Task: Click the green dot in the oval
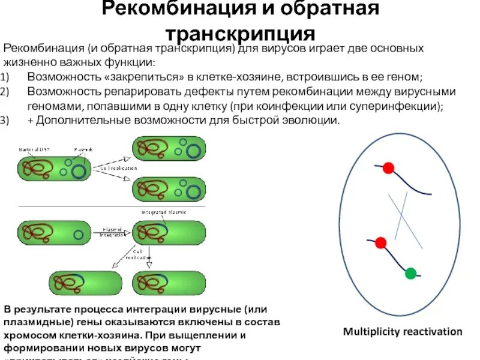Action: [410, 274]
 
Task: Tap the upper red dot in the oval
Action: [388, 168]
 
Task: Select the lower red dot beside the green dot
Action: [380, 242]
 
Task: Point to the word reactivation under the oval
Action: [431, 332]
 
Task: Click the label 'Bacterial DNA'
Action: [35, 149]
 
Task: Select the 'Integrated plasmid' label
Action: [164, 212]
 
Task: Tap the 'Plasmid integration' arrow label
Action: [112, 232]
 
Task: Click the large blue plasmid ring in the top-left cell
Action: [79, 172]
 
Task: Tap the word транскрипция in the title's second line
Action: [241, 33]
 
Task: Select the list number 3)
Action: [5, 120]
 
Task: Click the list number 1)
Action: [5, 77]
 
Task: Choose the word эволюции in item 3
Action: [312, 120]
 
